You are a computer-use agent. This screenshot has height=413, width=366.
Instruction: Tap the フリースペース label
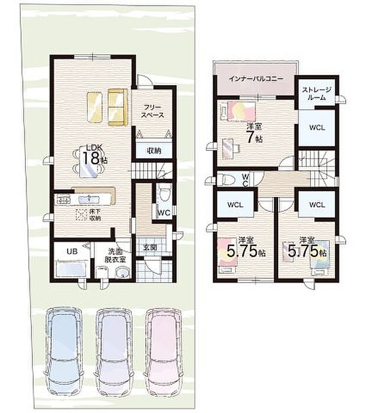tap(152, 110)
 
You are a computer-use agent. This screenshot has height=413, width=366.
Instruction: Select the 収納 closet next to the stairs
tap(152, 150)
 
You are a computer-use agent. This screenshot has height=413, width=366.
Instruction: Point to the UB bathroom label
tap(71, 251)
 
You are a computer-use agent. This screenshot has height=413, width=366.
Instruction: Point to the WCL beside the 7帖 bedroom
tap(316, 128)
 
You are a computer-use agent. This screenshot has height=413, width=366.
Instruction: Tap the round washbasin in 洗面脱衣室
tap(123, 272)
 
